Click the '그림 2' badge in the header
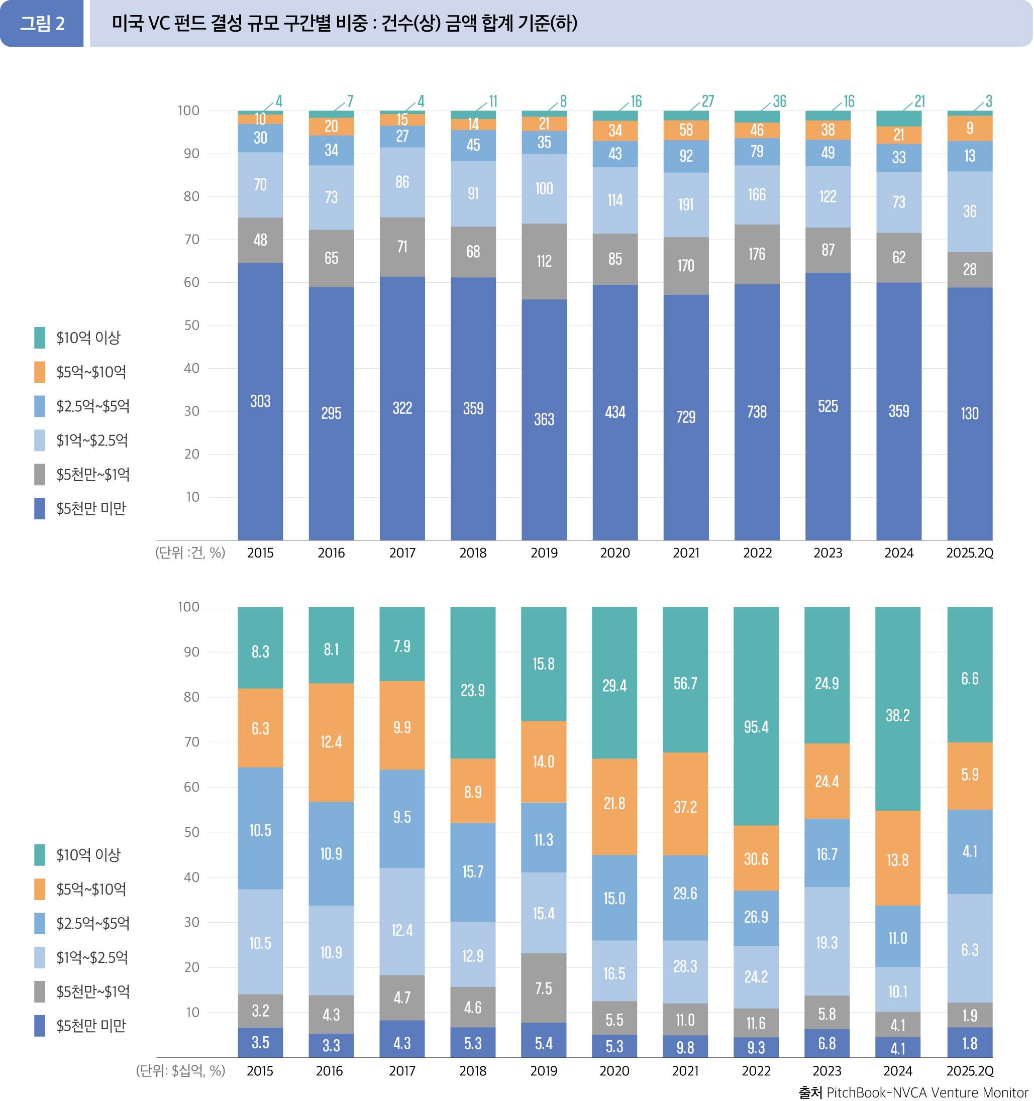(42, 23)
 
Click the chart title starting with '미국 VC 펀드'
(344, 23)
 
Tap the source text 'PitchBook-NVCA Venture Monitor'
(926, 1092)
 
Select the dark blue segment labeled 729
(685, 417)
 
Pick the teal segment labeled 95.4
(756, 726)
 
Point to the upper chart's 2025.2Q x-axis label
(969, 553)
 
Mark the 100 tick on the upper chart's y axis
(188, 111)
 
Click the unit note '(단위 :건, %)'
(190, 553)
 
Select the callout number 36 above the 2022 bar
(779, 101)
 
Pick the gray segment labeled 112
(544, 261)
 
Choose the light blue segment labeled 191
(685, 204)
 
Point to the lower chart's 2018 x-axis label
(473, 1070)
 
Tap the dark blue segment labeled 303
(260, 401)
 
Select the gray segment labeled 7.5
(543, 988)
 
